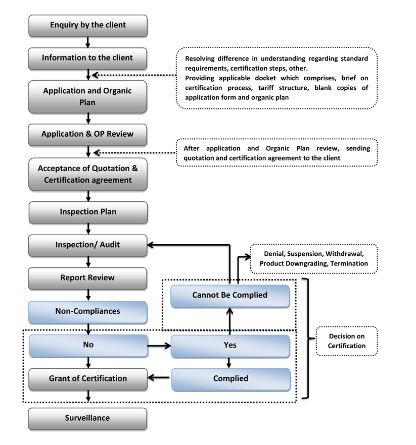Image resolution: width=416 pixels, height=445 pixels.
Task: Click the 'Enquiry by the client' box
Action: pos(88,25)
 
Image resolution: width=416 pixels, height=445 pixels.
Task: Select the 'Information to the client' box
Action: pos(88,58)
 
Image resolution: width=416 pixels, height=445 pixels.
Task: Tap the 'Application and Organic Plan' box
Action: pos(88,96)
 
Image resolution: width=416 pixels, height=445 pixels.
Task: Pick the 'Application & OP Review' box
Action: pos(88,134)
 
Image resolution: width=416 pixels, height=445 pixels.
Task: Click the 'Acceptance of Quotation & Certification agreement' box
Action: pos(88,174)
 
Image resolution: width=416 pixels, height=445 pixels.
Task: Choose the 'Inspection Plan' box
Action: pos(88,212)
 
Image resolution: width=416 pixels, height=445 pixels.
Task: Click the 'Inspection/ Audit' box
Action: pos(88,245)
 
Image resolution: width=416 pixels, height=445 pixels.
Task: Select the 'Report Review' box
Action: pos(88,278)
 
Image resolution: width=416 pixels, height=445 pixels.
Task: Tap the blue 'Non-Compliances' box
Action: pos(88,311)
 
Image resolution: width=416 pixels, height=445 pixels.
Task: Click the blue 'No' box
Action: pos(88,346)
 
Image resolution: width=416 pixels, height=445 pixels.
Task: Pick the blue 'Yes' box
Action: pos(230,346)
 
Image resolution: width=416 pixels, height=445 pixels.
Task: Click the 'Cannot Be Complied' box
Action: pos(230,295)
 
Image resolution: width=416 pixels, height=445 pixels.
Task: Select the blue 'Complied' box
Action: pos(230,378)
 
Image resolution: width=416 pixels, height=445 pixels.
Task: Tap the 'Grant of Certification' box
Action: pos(88,378)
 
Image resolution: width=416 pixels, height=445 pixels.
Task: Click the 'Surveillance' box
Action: pos(88,418)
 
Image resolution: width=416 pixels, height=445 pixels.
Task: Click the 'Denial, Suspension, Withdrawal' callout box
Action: pos(313,258)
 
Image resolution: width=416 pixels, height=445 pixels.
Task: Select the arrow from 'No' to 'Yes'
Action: pos(159,346)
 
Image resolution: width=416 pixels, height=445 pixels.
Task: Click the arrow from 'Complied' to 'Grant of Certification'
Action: pos(159,378)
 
